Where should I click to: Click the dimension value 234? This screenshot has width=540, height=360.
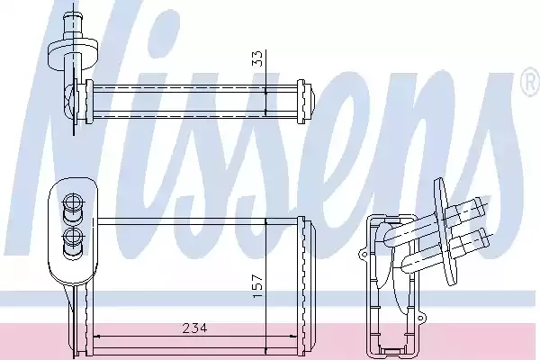pyautogui.click(x=194, y=328)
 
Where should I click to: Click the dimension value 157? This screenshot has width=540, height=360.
pyautogui.click(x=258, y=286)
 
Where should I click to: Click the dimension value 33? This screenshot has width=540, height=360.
pyautogui.click(x=257, y=58)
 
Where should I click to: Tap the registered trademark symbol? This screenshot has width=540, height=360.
pyautogui.click(x=531, y=82)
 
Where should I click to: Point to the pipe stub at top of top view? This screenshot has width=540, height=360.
pyautogui.click(x=74, y=22)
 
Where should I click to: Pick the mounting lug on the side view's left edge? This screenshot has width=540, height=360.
pyautogui.click(x=364, y=256)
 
